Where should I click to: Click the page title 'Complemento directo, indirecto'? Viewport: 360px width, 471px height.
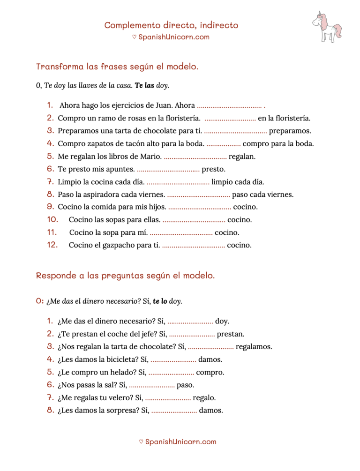click(x=171, y=25)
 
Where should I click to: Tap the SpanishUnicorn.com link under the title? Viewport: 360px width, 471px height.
click(x=173, y=37)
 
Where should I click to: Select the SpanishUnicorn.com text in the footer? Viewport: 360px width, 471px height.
click(x=180, y=441)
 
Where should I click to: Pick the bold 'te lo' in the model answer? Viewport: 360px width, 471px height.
click(x=160, y=301)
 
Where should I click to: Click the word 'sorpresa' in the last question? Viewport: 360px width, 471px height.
click(x=127, y=411)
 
